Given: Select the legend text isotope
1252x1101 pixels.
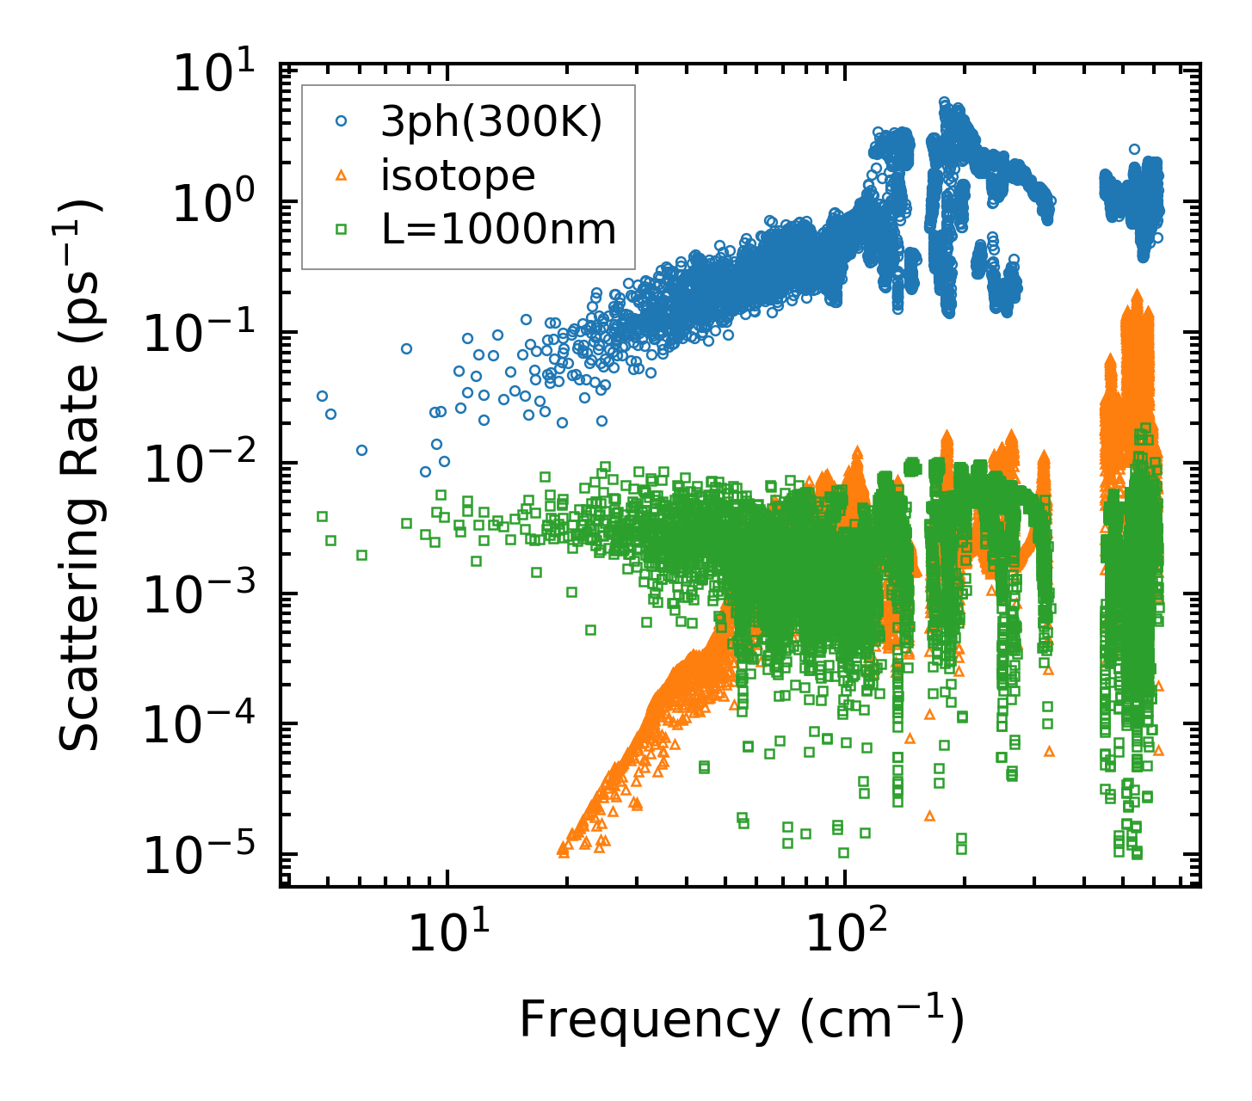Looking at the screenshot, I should pyautogui.click(x=458, y=176).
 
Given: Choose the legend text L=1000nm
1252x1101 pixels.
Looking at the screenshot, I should pyautogui.click(x=498, y=230).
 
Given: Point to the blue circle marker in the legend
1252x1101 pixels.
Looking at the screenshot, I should pyautogui.click(x=342, y=123).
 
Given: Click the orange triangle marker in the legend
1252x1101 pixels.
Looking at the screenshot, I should pyautogui.click(x=342, y=175).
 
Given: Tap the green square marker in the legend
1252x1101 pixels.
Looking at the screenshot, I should pyautogui.click(x=342, y=229).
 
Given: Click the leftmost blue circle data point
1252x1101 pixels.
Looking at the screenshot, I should pyautogui.click(x=322, y=396).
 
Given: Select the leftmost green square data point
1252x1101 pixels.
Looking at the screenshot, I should pyautogui.click(x=322, y=516).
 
